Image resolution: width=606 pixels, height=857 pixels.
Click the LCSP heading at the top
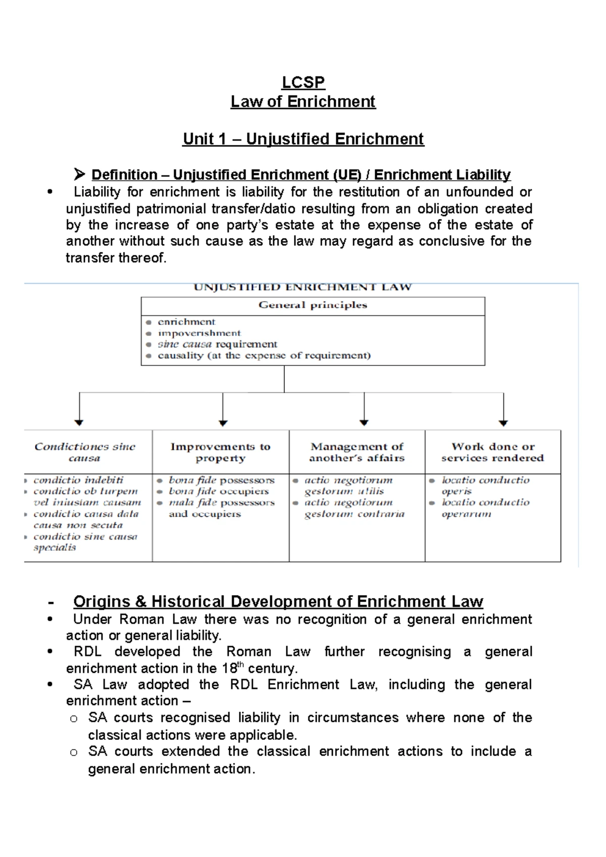[x=303, y=82]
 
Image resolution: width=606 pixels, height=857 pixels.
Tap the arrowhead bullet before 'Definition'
[x=79, y=175]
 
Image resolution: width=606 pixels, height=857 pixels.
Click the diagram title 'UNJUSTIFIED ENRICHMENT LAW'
[x=303, y=287]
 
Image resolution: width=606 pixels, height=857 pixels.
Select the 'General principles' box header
[x=313, y=305]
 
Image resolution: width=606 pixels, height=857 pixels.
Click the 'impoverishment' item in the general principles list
[x=199, y=333]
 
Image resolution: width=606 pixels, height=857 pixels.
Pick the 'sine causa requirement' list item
[x=217, y=344]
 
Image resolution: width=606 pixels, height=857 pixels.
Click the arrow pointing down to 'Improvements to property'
[x=223, y=409]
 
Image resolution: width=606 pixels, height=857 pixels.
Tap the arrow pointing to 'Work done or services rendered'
[x=503, y=409]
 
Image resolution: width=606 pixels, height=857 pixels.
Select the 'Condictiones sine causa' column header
[x=85, y=452]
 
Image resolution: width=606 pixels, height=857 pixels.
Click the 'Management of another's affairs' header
[x=357, y=452]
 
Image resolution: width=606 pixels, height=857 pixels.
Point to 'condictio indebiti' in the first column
[x=78, y=480]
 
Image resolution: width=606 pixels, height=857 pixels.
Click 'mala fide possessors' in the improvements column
[x=221, y=503]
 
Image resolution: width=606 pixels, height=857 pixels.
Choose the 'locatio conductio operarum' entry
[x=485, y=508]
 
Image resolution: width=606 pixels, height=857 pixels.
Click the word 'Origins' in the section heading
[x=102, y=602]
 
